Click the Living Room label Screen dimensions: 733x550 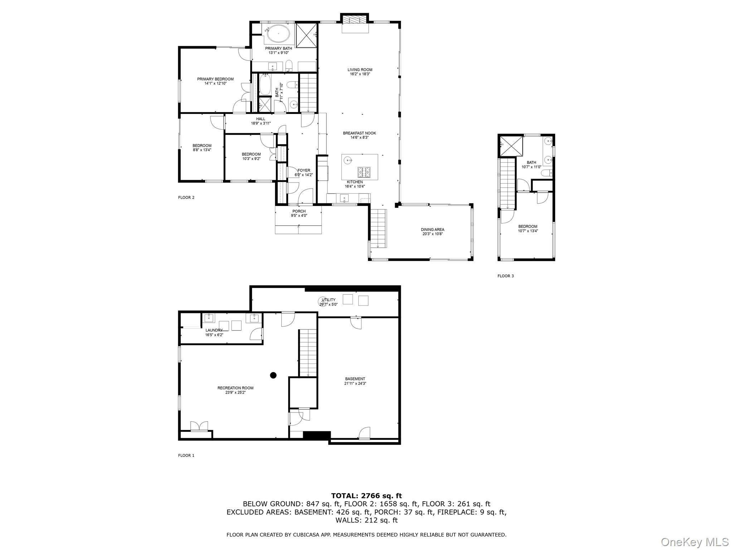(x=360, y=70)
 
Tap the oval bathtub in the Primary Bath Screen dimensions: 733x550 (x=278, y=34)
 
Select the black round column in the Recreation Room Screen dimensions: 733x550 (x=273, y=375)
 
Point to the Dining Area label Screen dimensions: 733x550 (x=432, y=230)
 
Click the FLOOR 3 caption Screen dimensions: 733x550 (x=505, y=276)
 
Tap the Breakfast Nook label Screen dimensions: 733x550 (x=359, y=133)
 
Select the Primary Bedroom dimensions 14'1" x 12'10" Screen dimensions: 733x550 (x=215, y=83)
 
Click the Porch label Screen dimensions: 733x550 (x=299, y=211)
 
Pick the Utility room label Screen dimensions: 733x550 (x=329, y=300)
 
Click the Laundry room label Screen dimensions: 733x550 (x=214, y=330)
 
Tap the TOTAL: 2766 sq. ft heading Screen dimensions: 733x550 (x=366, y=496)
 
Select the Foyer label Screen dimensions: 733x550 (x=304, y=170)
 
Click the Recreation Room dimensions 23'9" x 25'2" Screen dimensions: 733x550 (x=236, y=392)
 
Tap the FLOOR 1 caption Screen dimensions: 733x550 (x=186, y=455)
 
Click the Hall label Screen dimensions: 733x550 (x=261, y=119)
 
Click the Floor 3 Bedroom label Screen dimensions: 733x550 (x=528, y=226)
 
